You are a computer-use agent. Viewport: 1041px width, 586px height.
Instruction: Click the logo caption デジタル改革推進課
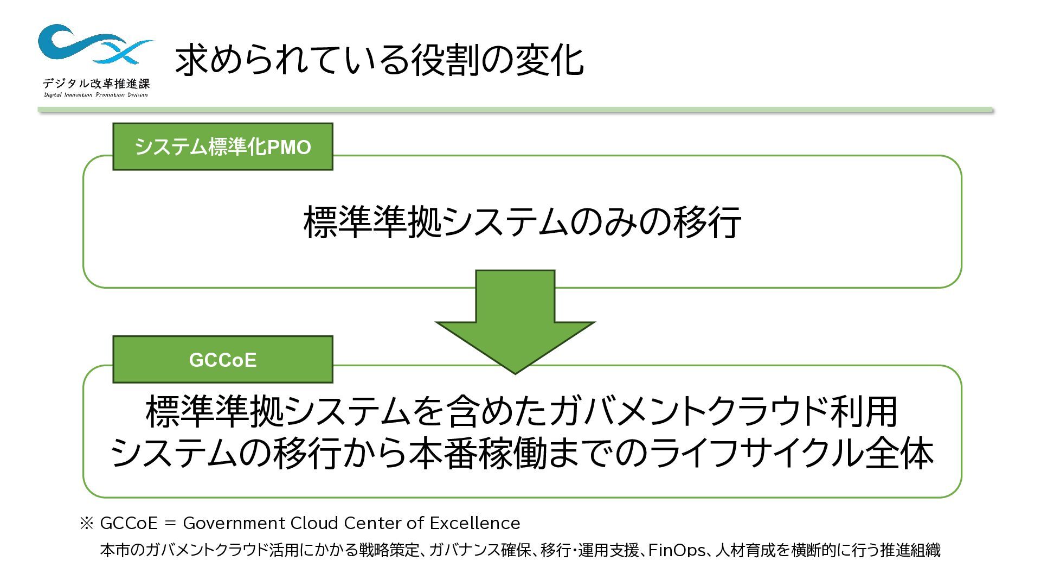96,84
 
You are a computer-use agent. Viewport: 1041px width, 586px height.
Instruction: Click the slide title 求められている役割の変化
378,60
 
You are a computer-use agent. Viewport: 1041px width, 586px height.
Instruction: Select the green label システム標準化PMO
222,147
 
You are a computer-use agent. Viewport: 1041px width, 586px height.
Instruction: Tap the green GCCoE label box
222,360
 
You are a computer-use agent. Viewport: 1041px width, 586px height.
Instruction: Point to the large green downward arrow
515,320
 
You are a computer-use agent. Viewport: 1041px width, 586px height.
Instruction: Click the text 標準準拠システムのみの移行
522,221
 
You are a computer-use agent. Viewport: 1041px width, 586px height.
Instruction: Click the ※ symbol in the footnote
87,523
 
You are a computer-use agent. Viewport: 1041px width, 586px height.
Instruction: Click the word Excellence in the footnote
474,523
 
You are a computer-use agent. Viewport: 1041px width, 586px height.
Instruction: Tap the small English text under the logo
96,95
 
